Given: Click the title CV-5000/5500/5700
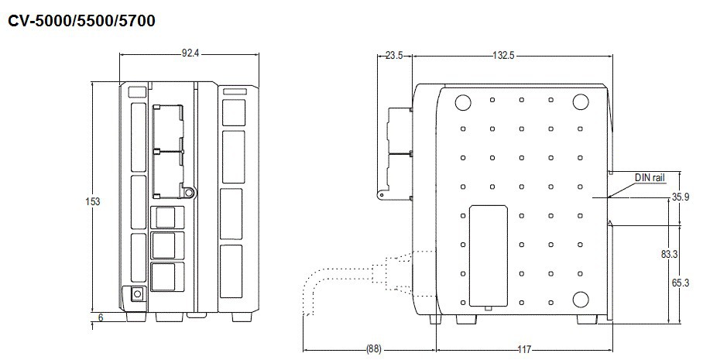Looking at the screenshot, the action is (x=82, y=21).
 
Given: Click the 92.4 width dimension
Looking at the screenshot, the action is (x=190, y=53).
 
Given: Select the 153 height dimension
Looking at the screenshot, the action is (x=93, y=202).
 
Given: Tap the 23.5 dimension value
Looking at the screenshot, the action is (x=394, y=56).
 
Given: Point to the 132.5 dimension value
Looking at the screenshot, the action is (x=503, y=56).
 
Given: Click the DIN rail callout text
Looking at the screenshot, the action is (x=650, y=178).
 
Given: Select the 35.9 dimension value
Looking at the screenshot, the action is (x=681, y=197).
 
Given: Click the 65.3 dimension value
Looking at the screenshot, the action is (x=681, y=283).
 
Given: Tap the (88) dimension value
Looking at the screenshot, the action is (x=374, y=349).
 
